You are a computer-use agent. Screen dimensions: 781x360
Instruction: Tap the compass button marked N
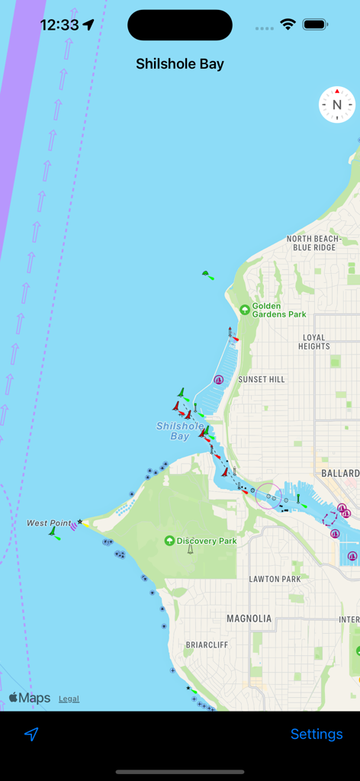[x=336, y=105]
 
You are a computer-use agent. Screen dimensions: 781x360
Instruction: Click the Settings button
[x=317, y=734]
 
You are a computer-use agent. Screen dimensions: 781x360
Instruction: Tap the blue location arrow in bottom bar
[x=31, y=734]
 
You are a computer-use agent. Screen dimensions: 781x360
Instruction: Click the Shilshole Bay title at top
[x=180, y=64]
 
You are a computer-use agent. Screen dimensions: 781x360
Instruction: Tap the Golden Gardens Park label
[x=279, y=310]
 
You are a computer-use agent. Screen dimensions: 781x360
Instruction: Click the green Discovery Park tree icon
[x=169, y=541]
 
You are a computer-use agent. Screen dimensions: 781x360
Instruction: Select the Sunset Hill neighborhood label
[x=261, y=379]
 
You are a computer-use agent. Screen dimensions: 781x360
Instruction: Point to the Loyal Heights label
[x=313, y=342]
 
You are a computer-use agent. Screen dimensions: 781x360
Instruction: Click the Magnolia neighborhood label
[x=249, y=618]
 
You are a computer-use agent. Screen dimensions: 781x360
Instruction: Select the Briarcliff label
[x=207, y=644]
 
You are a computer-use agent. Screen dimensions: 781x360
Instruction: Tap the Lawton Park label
[x=275, y=579]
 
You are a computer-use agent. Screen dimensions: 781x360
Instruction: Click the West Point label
[x=48, y=522]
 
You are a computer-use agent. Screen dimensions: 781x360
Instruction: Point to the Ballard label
[x=339, y=474]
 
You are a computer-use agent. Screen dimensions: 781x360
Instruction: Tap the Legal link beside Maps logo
[x=69, y=699]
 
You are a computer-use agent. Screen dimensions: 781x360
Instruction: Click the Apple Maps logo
[x=30, y=698]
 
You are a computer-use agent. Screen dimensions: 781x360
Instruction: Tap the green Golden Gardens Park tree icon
[x=244, y=309]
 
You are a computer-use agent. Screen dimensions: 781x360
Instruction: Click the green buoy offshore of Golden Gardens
[x=207, y=275]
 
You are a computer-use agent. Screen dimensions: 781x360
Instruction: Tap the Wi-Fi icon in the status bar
[x=288, y=24]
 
